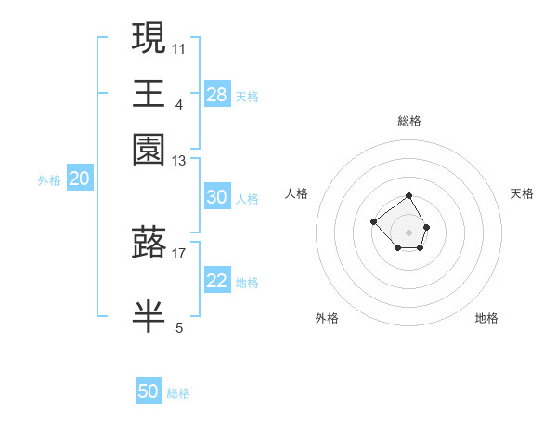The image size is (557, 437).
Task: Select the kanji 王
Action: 149,94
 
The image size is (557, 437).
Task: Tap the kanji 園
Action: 149,150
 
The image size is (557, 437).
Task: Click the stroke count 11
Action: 179,48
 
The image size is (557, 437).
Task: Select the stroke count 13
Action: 179,162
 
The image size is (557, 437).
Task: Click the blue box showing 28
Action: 216,95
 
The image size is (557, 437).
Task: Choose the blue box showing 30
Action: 216,197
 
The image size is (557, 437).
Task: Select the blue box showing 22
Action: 216,282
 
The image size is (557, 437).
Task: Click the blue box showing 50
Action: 149,391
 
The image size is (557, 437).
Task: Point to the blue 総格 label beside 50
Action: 178,393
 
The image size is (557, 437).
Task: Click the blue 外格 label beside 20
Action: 49,181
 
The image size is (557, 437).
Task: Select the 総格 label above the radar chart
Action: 408,121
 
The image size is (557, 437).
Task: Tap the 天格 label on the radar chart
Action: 522,193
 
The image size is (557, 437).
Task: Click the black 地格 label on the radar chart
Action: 486,318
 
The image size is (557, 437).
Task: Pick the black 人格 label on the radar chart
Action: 297,193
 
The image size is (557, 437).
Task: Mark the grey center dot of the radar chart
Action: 408,232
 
